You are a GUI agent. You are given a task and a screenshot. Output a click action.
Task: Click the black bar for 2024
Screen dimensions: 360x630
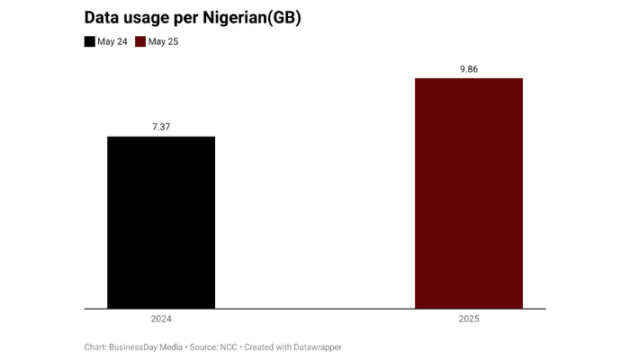[161, 222]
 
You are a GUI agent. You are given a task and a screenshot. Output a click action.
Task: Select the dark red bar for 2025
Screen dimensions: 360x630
[468, 193]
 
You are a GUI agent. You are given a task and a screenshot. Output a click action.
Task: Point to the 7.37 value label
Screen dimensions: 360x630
[161, 127]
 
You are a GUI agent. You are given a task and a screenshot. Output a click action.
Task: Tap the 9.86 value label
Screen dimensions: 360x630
[468, 69]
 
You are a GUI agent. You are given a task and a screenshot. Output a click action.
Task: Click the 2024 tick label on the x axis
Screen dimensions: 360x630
[161, 319]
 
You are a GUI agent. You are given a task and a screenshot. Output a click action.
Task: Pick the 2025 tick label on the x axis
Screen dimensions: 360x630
[468, 319]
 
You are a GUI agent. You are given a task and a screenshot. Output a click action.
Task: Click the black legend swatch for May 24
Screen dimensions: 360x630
[89, 41]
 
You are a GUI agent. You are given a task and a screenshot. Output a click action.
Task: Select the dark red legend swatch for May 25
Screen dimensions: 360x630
[140, 41]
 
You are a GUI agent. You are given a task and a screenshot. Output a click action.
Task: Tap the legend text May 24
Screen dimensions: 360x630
[112, 41]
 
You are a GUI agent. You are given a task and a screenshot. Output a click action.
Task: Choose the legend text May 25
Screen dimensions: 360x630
[164, 41]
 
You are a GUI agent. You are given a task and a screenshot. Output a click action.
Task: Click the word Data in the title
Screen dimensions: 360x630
[102, 17]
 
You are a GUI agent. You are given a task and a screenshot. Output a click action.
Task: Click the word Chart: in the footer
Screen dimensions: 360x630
[97, 346]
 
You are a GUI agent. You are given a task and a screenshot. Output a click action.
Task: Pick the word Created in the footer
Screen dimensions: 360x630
[269, 346]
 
